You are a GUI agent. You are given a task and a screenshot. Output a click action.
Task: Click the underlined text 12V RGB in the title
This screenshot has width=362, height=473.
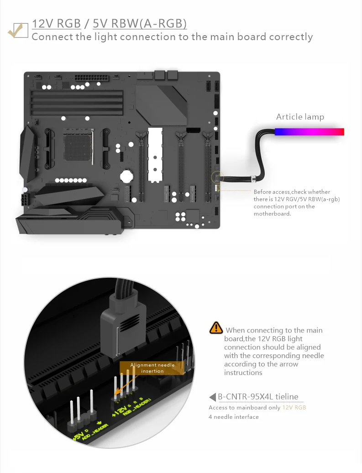click(x=56, y=24)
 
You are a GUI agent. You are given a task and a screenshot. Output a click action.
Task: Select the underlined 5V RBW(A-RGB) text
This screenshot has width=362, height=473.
click(x=140, y=24)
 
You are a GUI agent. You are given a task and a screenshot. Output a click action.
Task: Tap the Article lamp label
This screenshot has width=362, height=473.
click(x=300, y=117)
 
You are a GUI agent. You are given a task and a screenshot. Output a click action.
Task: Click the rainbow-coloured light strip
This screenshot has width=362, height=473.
click(x=309, y=132)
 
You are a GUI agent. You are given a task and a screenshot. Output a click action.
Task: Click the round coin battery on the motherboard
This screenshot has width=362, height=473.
click(x=126, y=176)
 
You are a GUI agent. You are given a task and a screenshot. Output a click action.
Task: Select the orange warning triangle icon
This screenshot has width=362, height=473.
click(x=216, y=327)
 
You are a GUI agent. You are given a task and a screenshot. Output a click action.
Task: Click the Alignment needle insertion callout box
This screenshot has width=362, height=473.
click(x=152, y=368)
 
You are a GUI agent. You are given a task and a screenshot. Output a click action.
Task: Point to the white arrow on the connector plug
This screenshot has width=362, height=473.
click(x=118, y=340)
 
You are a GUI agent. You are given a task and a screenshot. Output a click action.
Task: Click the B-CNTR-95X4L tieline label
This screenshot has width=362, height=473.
click(x=257, y=397)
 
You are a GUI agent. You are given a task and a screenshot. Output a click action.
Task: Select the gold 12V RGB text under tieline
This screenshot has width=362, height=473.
click(x=294, y=407)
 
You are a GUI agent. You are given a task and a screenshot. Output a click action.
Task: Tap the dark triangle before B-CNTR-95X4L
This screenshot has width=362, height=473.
click(x=212, y=397)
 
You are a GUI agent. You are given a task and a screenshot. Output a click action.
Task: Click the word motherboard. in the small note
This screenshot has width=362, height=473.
click(x=272, y=214)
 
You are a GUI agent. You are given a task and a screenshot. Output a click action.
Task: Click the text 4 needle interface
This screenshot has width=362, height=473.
click(x=234, y=417)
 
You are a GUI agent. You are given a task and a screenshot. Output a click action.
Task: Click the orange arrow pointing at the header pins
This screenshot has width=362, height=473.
click(x=122, y=389)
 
